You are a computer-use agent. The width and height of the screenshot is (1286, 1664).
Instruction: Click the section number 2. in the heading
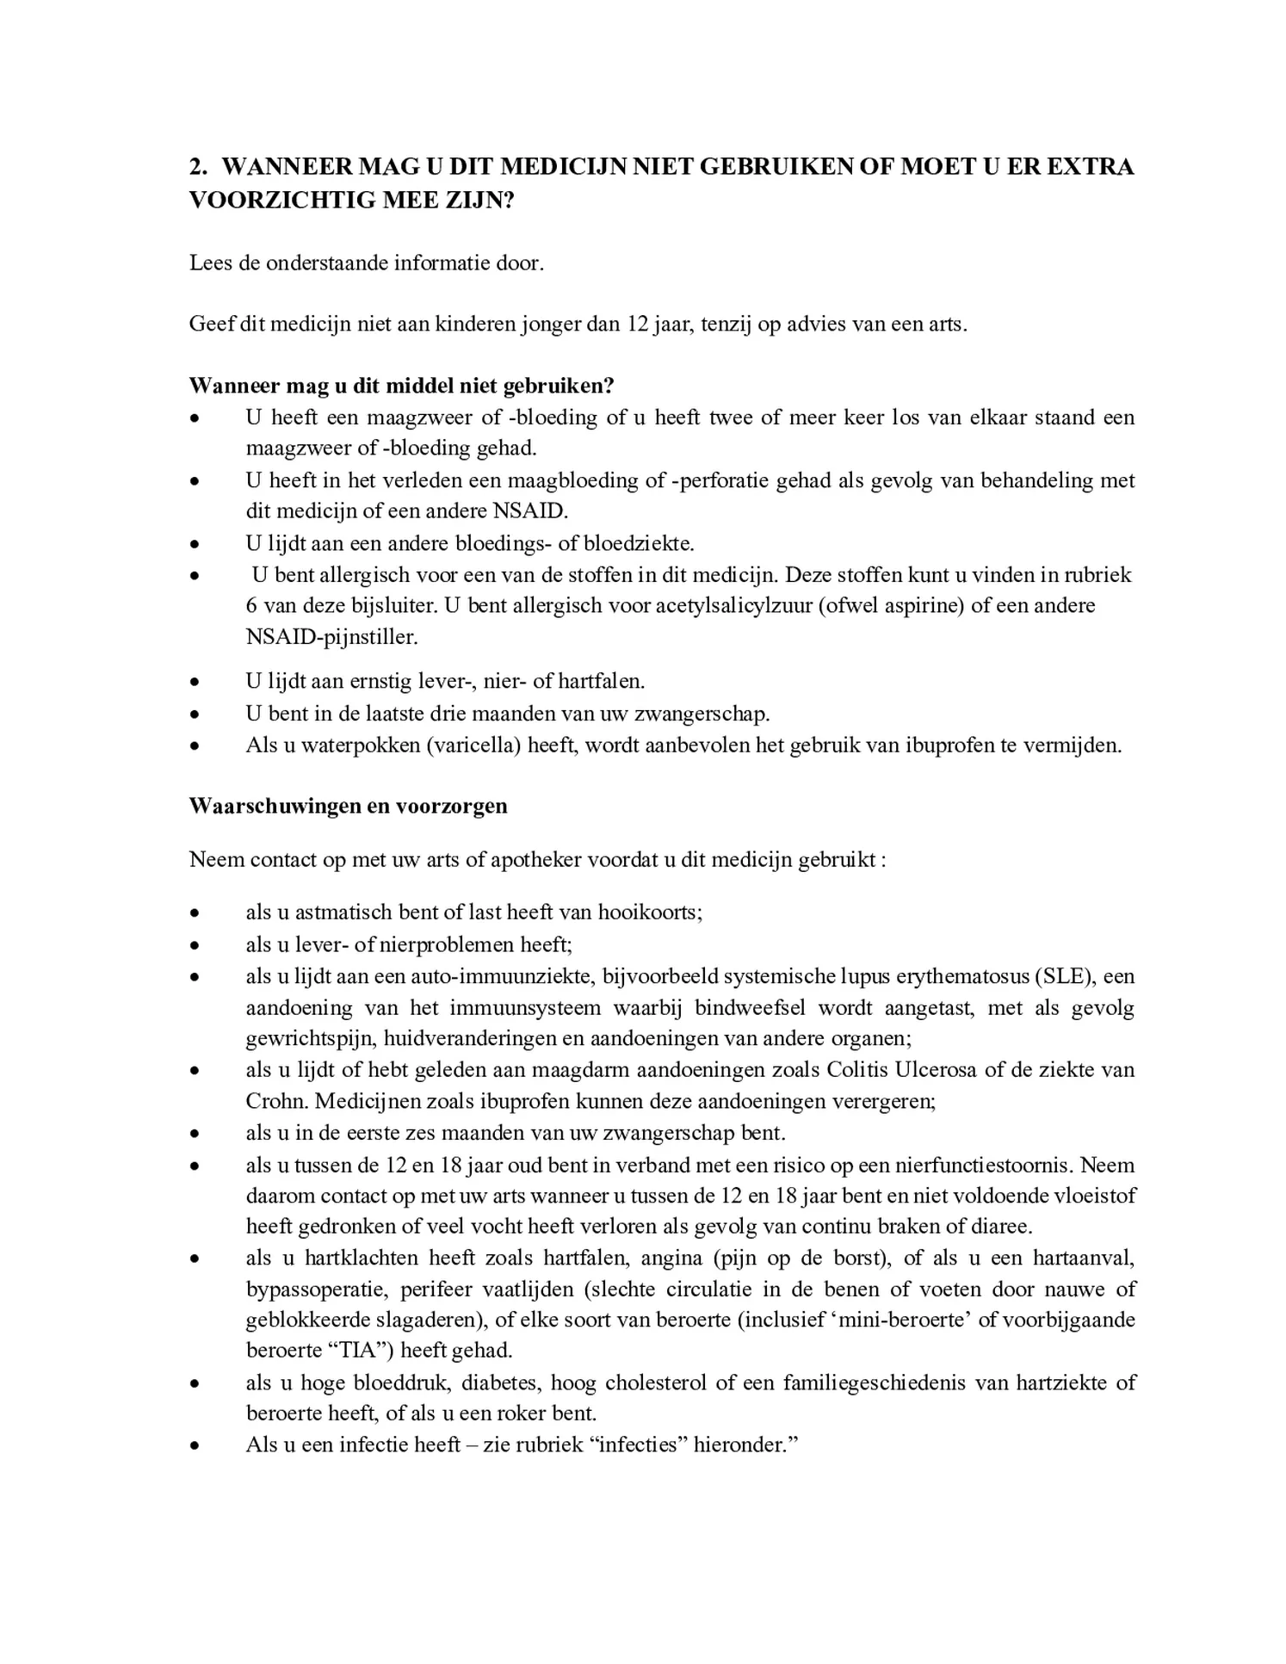[200, 166]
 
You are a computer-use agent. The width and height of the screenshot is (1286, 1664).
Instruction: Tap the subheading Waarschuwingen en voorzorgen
[348, 806]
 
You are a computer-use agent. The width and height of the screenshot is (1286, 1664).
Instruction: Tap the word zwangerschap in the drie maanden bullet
[701, 714]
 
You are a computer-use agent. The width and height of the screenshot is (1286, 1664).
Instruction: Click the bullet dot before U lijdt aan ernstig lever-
[195, 683]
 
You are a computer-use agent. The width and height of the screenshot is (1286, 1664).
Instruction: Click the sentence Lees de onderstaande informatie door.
[367, 263]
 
